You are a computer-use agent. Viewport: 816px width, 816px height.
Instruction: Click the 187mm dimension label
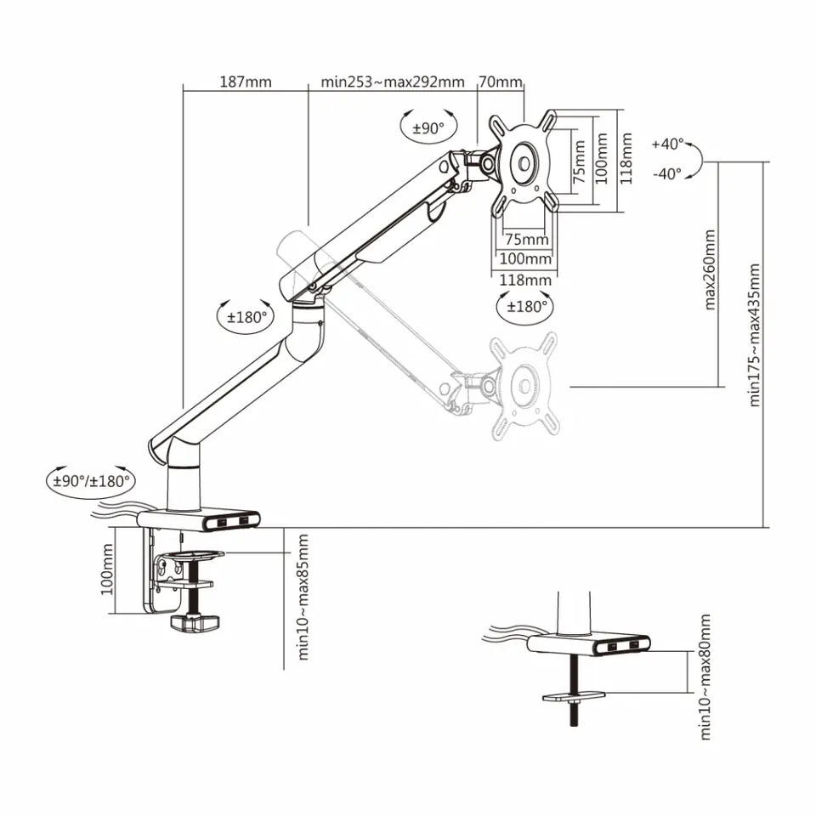[246, 82]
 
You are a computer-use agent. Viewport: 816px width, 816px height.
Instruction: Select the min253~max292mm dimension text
[393, 82]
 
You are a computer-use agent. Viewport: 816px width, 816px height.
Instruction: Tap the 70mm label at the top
[500, 82]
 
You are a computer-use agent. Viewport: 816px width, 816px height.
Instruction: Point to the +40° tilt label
[668, 144]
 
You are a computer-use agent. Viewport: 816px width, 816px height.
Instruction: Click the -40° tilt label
[667, 173]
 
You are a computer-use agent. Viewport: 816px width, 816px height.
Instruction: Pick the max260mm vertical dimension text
[709, 269]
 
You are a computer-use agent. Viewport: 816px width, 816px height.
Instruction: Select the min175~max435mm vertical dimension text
[754, 335]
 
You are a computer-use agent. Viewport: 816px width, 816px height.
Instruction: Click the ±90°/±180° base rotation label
[91, 480]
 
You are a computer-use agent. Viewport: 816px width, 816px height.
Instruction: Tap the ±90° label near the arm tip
[428, 128]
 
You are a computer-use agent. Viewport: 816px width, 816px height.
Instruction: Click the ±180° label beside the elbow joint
[246, 316]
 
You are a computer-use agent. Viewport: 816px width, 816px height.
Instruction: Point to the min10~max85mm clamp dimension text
[303, 597]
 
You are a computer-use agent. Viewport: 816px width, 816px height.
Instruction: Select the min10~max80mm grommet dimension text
[705, 677]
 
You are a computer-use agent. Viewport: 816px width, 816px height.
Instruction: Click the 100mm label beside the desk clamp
[107, 569]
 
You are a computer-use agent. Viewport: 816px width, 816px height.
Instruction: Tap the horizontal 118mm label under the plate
[525, 280]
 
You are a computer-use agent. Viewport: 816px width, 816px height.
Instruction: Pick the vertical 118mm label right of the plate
[626, 158]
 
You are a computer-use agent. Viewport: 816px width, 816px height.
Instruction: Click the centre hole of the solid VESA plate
[524, 164]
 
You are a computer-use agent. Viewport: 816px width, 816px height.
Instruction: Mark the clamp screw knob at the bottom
[195, 623]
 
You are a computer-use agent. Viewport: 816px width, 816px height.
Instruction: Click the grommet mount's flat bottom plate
[574, 695]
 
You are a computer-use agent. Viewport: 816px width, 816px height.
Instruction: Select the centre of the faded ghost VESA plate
[524, 386]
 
